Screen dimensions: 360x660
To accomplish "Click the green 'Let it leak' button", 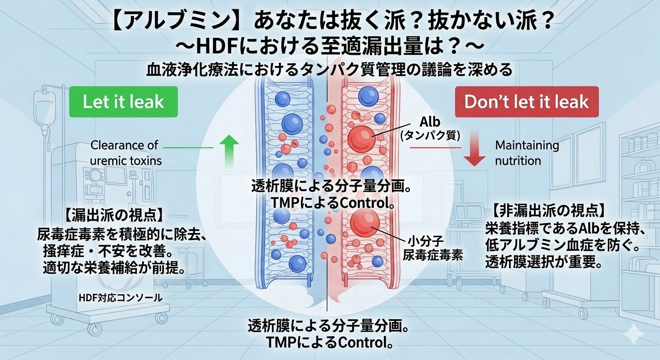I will coord(123,102).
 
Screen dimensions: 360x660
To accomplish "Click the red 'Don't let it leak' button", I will coord(527,102).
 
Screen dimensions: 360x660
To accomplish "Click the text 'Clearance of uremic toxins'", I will coord(125,153).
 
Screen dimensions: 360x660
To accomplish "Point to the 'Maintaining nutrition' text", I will coord(527,153).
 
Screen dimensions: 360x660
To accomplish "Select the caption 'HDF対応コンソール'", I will coord(121,297).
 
